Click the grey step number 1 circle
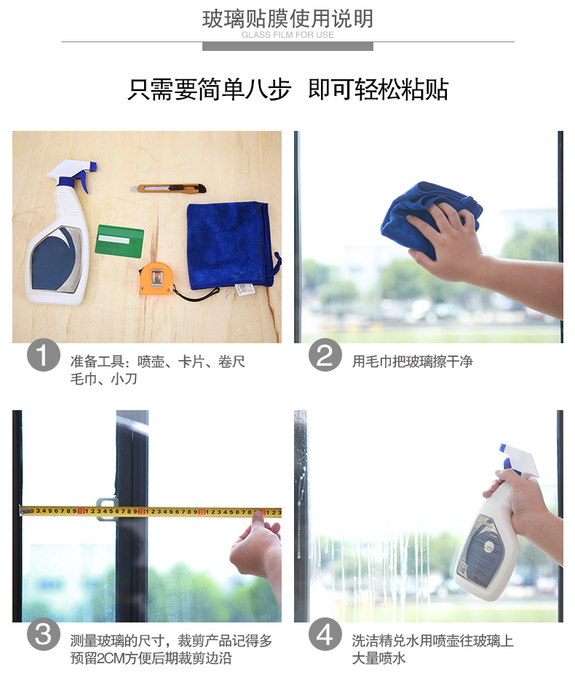point(43,355)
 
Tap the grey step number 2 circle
point(325,355)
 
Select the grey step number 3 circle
point(43,634)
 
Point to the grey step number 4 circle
point(325,634)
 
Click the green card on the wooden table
point(119,241)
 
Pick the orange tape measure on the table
point(156,279)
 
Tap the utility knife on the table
point(168,188)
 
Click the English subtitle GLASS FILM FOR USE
point(287,35)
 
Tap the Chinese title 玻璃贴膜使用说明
point(287,19)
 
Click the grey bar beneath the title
point(287,47)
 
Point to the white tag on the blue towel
point(245,289)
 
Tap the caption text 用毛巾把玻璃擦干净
point(412,361)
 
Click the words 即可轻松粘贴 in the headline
point(378,90)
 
